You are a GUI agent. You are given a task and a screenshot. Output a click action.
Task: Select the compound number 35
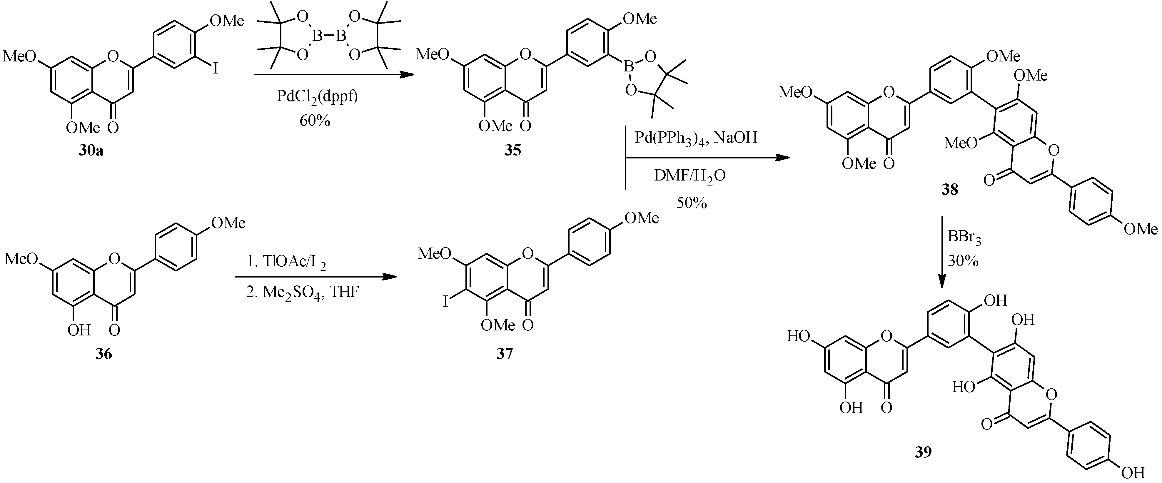pyautogui.click(x=513, y=150)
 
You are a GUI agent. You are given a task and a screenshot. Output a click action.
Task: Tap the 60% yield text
pyautogui.click(x=314, y=121)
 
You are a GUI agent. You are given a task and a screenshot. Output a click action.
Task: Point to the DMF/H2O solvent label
pyautogui.click(x=690, y=176)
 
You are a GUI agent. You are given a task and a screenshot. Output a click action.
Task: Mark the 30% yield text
pyautogui.click(x=963, y=261)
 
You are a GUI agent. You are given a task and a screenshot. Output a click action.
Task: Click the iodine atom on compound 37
pyautogui.click(x=446, y=301)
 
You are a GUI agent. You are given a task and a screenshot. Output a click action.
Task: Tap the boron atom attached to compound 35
pyautogui.click(x=628, y=68)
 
